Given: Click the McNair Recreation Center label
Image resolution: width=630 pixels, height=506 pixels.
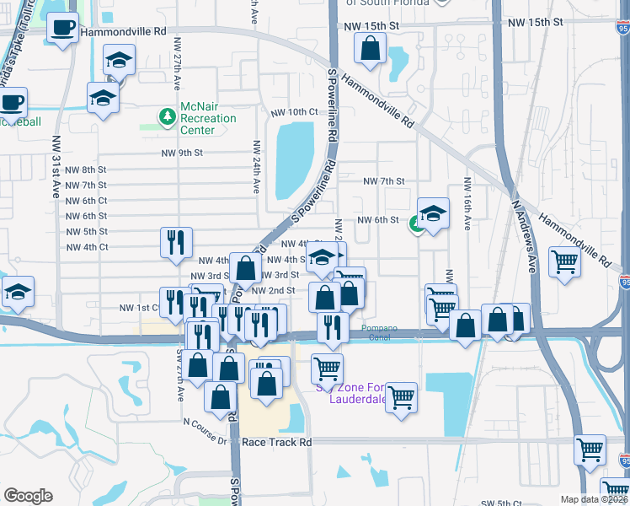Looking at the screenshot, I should point(208,119).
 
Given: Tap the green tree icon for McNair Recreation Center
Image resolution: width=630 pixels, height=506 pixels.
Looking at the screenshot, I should point(167,115).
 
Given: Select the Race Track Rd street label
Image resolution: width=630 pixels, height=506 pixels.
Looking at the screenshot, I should point(276,442).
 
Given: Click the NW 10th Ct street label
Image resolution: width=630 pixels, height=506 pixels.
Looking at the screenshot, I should point(294,112).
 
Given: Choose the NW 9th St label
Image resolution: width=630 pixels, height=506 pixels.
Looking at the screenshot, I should point(182,153).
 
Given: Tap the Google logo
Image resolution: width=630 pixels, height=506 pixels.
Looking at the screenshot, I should point(28,496).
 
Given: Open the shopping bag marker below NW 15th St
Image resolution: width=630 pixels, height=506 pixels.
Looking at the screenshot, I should point(370,48).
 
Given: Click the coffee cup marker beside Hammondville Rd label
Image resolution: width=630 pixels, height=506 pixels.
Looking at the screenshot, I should point(63,28).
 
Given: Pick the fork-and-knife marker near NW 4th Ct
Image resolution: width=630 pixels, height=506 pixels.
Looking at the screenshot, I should point(176,241).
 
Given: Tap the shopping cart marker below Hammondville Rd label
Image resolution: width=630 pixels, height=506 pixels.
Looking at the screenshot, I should point(563,261).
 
